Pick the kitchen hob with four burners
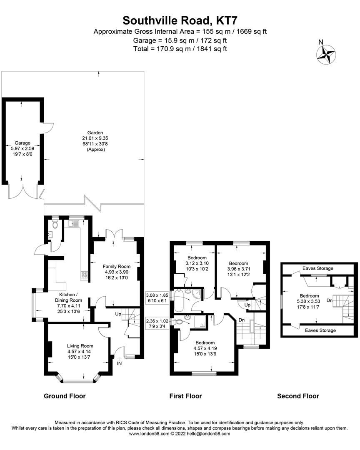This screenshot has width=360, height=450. click(x=84, y=275)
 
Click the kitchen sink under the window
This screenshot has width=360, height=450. click(x=73, y=224)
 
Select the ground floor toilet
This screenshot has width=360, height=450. click(x=55, y=225)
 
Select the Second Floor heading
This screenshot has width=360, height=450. click(x=298, y=396)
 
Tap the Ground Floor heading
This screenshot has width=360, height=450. click(x=65, y=396)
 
